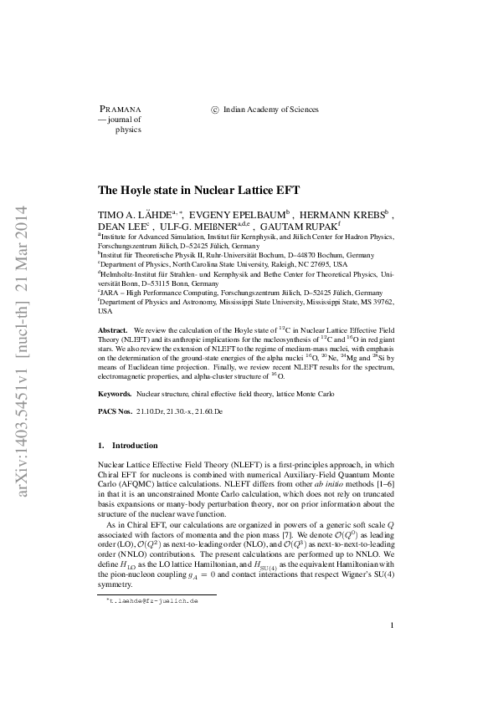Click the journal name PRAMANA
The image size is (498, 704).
click(121, 109)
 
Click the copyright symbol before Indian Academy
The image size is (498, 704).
click(215, 109)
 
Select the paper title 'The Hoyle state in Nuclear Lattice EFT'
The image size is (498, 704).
click(198, 191)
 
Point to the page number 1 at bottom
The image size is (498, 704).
click(392, 649)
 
